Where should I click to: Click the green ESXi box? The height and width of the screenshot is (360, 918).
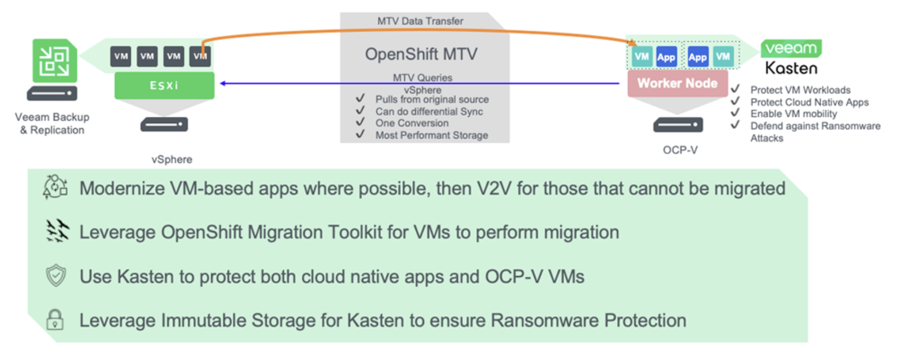coord(164,85)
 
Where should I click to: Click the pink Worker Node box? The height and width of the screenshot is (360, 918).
coord(677,83)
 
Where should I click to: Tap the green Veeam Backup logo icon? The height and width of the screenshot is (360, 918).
coord(54,60)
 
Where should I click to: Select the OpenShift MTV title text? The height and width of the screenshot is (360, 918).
coord(421,54)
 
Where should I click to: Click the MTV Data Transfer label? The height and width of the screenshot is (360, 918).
coord(420,21)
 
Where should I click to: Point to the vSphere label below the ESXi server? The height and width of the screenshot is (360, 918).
coord(171,159)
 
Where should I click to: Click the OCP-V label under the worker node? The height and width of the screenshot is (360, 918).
coord(680,150)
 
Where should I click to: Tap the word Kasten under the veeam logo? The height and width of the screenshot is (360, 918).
coord(791,69)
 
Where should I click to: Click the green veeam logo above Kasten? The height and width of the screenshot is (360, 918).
coord(791,48)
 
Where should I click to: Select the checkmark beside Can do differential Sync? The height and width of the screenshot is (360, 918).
coord(361,110)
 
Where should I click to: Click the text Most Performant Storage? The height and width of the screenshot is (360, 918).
coord(431,135)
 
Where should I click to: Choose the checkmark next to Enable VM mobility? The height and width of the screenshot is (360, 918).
coord(735,112)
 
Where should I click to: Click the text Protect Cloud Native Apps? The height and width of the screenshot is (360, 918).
coord(809,102)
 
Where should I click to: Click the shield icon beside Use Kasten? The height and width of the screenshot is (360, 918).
coord(56,276)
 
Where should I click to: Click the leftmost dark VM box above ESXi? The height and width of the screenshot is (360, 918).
coord(121,56)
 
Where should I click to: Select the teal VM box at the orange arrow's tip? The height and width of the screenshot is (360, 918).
coord(642,56)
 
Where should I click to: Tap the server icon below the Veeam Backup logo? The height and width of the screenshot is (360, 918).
coord(52,93)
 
